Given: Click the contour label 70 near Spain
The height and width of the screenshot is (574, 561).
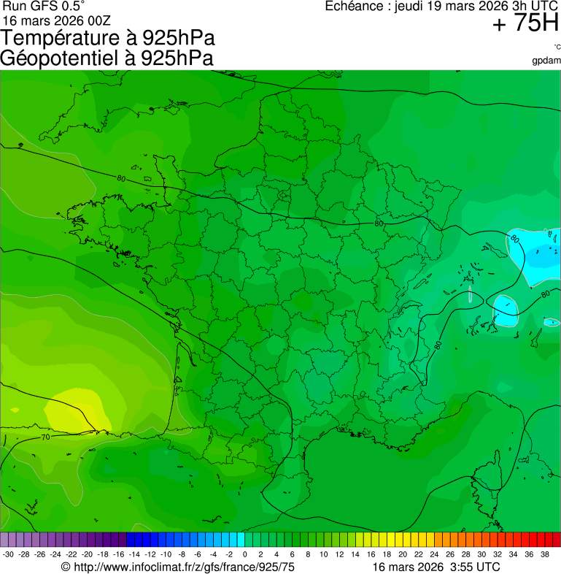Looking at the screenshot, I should [x=45, y=437].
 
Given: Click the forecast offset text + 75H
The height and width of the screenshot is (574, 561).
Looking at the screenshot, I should [x=525, y=24].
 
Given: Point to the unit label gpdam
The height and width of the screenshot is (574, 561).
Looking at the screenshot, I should [x=546, y=60].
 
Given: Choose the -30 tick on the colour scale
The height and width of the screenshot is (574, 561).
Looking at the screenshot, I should [x=8, y=554].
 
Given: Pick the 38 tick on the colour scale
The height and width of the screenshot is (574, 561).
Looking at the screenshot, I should [x=544, y=554].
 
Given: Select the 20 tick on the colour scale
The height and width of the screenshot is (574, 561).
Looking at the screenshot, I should [x=403, y=554].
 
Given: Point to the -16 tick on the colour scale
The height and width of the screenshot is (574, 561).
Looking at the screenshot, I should [x=119, y=554].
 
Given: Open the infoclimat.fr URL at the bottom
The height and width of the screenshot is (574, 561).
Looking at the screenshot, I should [x=178, y=567].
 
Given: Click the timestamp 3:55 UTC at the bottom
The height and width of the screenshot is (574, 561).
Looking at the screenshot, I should [x=475, y=567].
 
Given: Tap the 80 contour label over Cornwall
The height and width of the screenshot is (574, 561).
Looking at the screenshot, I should [x=120, y=178].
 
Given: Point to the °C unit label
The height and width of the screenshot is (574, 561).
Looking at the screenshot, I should [x=556, y=47].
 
